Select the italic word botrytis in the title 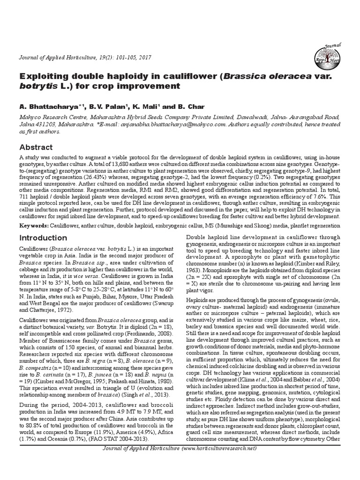click(x=34, y=87)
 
